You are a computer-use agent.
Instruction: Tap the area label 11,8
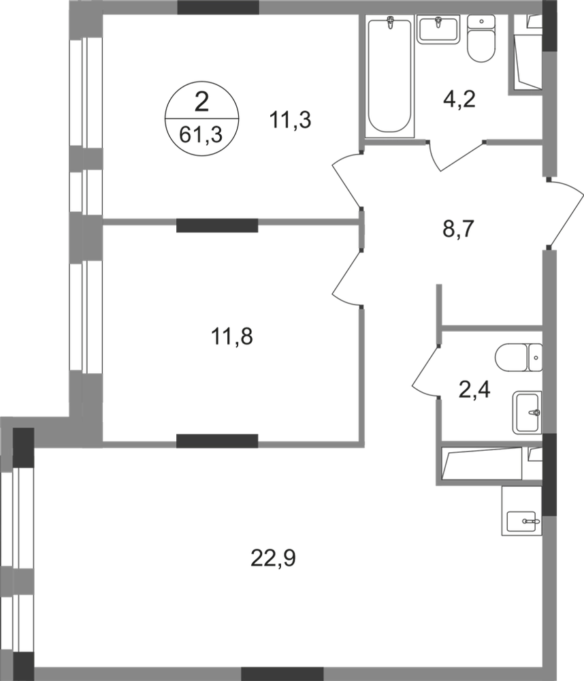click(232, 337)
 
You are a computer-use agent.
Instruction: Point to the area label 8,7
click(458, 227)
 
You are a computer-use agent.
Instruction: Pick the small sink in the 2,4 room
click(528, 411)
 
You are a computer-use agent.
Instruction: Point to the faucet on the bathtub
click(390, 25)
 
